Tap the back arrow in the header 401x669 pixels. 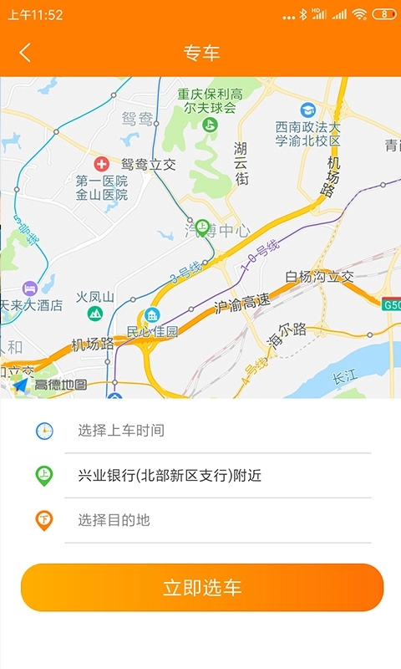(25, 53)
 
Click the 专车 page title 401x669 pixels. (201, 53)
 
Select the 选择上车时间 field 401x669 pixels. (121, 431)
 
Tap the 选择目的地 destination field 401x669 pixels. (114, 520)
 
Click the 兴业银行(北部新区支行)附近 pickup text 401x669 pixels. (170, 476)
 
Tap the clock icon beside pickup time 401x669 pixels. (44, 431)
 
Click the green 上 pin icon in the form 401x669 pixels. (44, 476)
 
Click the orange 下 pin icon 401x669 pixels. (44, 520)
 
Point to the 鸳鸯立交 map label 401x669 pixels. (149, 165)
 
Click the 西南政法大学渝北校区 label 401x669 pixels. (308, 134)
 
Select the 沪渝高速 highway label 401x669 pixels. (242, 306)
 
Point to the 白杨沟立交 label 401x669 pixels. (320, 277)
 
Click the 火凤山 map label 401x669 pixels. (94, 296)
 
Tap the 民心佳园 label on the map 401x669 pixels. (153, 331)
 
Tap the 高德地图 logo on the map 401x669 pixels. (50, 385)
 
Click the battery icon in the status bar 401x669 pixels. (383, 14)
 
